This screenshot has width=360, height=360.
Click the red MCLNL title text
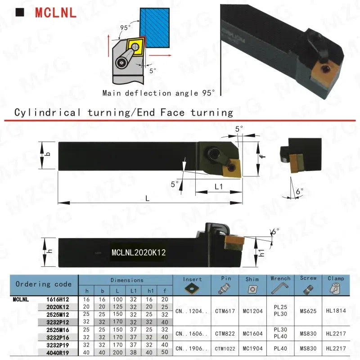click(56, 12)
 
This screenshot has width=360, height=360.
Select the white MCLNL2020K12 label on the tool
click(139, 252)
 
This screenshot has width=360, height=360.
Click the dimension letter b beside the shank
click(48, 154)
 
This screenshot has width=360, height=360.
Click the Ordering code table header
click(44, 284)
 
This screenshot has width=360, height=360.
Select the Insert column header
click(193, 279)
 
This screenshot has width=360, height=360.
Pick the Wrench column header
click(280, 279)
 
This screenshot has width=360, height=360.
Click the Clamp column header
click(336, 279)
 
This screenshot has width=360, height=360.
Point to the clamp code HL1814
click(336, 310)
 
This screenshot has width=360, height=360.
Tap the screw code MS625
click(308, 310)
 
